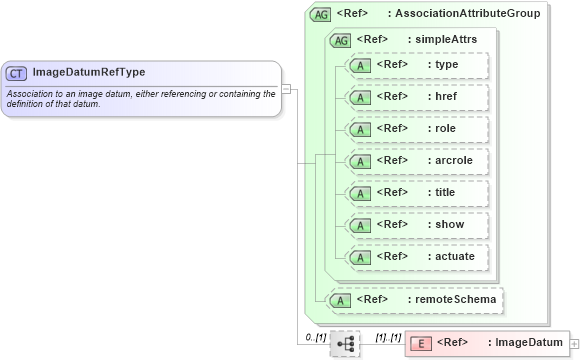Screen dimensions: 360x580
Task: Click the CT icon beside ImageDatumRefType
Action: (16, 73)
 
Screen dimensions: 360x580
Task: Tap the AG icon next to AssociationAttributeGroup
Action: (321, 14)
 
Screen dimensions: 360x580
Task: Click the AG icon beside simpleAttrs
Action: (340, 40)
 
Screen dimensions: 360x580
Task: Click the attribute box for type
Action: (416, 65)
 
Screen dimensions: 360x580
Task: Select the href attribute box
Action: (416, 97)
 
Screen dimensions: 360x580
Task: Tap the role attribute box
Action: (416, 129)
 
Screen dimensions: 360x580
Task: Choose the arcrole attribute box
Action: (416, 160)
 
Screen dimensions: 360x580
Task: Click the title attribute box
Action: (416, 192)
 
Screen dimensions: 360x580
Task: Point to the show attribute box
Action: (416, 224)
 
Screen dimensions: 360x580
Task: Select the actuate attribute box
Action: (416, 256)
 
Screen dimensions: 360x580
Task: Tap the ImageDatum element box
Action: (486, 343)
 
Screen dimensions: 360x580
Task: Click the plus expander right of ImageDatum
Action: (574, 343)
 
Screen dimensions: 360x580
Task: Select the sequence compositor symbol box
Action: (345, 343)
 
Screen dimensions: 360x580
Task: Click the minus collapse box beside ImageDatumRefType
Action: (286, 88)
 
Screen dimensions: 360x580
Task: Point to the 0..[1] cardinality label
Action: (315, 337)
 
